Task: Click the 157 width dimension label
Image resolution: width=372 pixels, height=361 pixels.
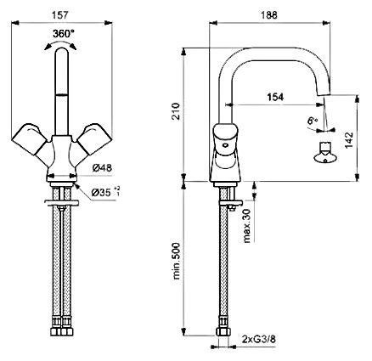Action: (x=60, y=15)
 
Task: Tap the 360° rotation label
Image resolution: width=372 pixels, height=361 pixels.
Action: (x=63, y=34)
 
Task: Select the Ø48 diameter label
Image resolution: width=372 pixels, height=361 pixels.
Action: (x=102, y=168)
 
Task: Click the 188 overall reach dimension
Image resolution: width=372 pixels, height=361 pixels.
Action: (x=268, y=15)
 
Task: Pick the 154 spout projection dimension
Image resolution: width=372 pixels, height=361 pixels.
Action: (x=275, y=97)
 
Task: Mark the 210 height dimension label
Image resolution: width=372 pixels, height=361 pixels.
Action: (x=176, y=111)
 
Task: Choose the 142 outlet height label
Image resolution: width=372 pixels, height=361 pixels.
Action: (x=348, y=140)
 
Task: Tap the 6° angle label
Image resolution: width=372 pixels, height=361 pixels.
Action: (x=313, y=121)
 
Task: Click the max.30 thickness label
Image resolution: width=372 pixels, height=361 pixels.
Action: (x=246, y=226)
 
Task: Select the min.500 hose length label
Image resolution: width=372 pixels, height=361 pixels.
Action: (x=176, y=261)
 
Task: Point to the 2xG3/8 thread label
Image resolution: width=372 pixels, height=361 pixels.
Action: (x=259, y=339)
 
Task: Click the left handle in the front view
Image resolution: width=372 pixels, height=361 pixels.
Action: (x=29, y=138)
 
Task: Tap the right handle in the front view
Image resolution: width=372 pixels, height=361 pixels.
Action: (x=94, y=138)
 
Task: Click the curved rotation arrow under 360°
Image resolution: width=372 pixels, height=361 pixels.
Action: (x=60, y=44)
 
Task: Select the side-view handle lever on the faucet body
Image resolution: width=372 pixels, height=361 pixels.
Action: (x=225, y=139)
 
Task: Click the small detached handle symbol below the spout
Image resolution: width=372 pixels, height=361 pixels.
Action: (x=325, y=153)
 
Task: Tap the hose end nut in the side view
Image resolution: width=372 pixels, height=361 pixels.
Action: (x=223, y=332)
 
